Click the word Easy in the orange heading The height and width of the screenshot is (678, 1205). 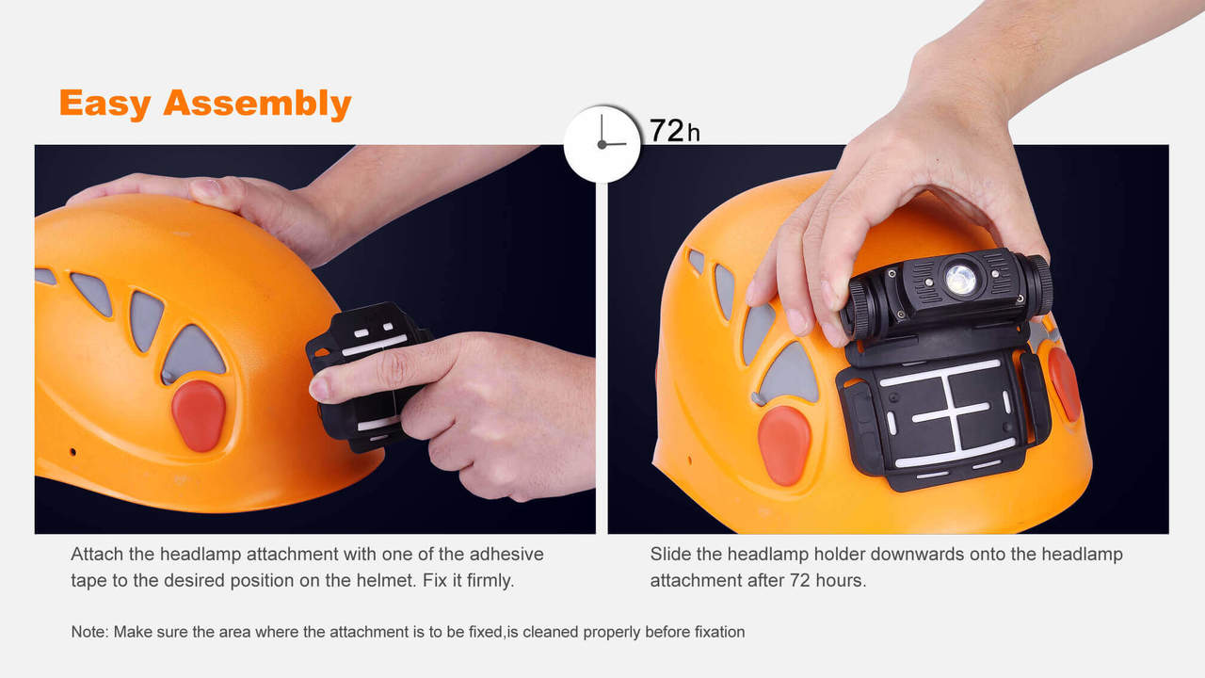105,103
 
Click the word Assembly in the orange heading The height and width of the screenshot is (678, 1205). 257,104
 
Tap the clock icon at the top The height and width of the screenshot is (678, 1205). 602,143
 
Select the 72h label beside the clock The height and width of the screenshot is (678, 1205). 674,130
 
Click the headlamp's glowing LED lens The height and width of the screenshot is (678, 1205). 960,279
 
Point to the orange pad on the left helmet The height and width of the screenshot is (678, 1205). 199,415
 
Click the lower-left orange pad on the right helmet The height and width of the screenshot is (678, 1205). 784,445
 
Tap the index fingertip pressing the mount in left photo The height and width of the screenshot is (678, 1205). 321,386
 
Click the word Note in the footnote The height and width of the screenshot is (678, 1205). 89,632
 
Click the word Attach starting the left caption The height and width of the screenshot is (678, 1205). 95,555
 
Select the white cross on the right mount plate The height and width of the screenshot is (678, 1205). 952,412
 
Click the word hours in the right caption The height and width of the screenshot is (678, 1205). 839,580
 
